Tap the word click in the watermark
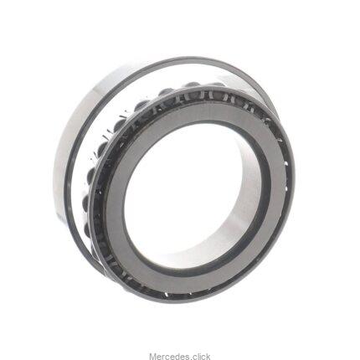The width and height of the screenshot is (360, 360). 201,349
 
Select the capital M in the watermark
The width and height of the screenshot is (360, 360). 152,349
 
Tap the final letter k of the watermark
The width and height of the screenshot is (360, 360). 208,349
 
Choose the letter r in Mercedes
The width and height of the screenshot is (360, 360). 162,350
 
